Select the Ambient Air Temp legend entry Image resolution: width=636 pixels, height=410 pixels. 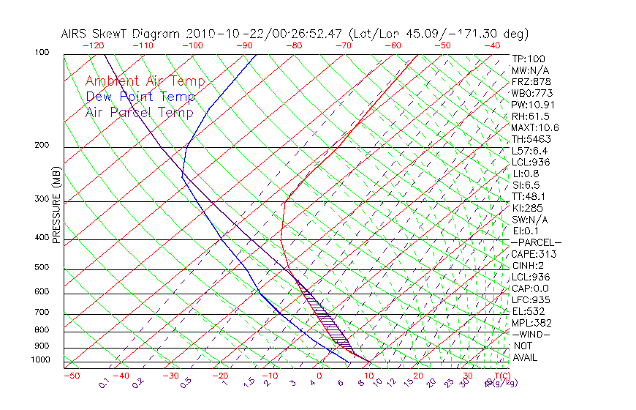[145, 81]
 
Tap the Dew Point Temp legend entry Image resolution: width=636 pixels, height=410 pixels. [140, 97]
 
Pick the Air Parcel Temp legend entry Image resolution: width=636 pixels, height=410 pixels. [139, 112]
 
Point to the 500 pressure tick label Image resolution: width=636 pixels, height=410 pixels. [42, 268]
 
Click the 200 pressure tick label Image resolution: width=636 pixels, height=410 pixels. [42, 146]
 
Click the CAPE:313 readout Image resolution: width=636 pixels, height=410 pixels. [534, 254]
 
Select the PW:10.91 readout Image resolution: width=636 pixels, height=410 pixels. [531, 105]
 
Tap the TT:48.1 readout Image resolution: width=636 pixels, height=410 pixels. [529, 196]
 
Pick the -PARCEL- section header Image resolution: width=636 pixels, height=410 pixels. [536, 242]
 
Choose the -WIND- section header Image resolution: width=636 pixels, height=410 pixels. [531, 334]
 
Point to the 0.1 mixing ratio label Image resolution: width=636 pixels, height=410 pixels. [103, 383]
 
